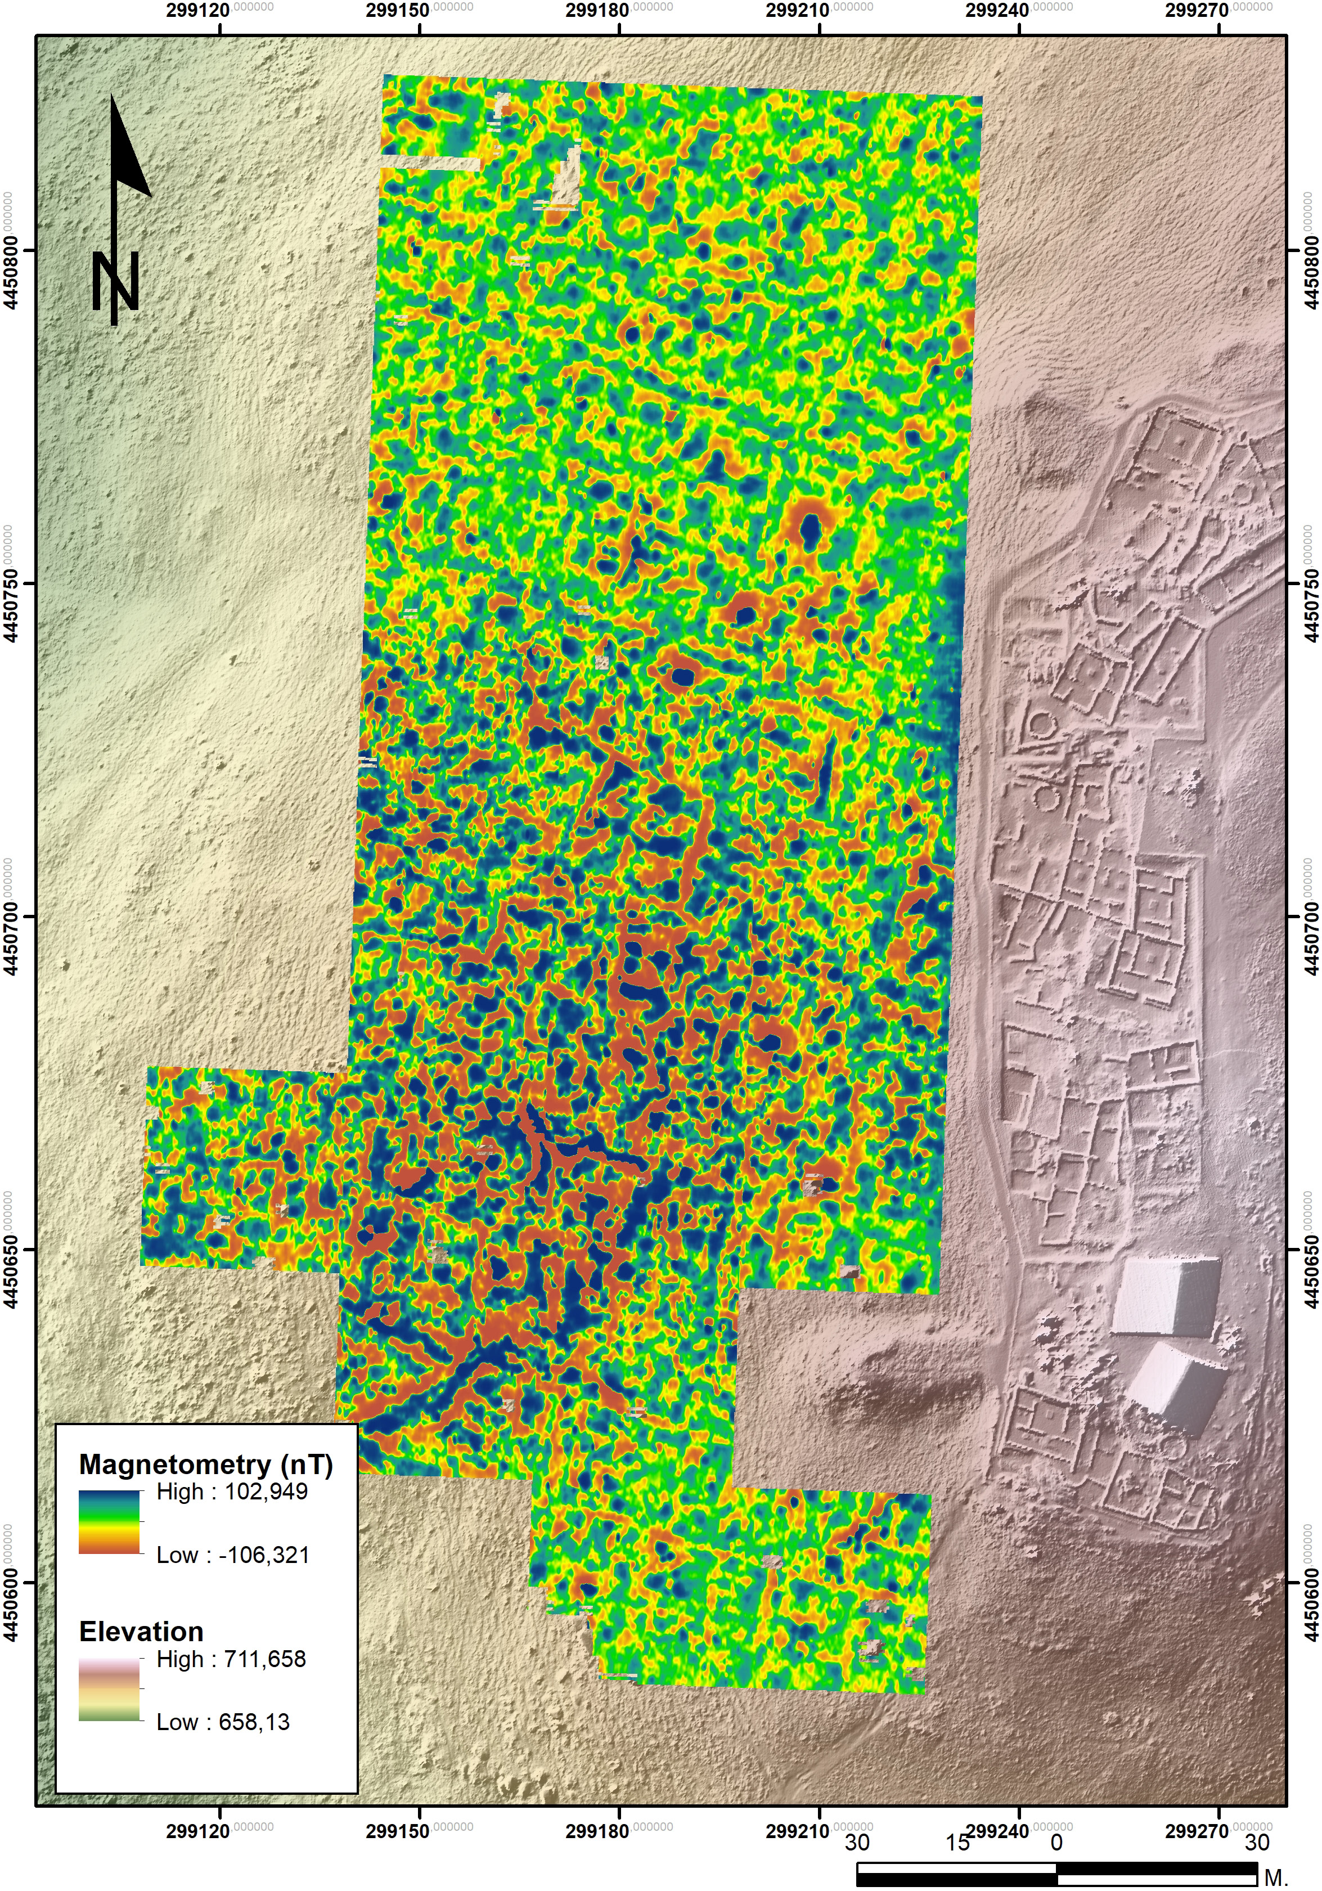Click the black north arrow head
tap(128, 152)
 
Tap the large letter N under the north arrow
tap(115, 282)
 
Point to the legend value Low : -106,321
tap(232, 1555)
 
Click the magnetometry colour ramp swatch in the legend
tap(110, 1523)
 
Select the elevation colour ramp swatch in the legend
tap(110, 1690)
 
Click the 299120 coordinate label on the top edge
tap(197, 11)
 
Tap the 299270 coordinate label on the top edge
tap(1197, 11)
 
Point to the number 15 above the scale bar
tap(956, 1843)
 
